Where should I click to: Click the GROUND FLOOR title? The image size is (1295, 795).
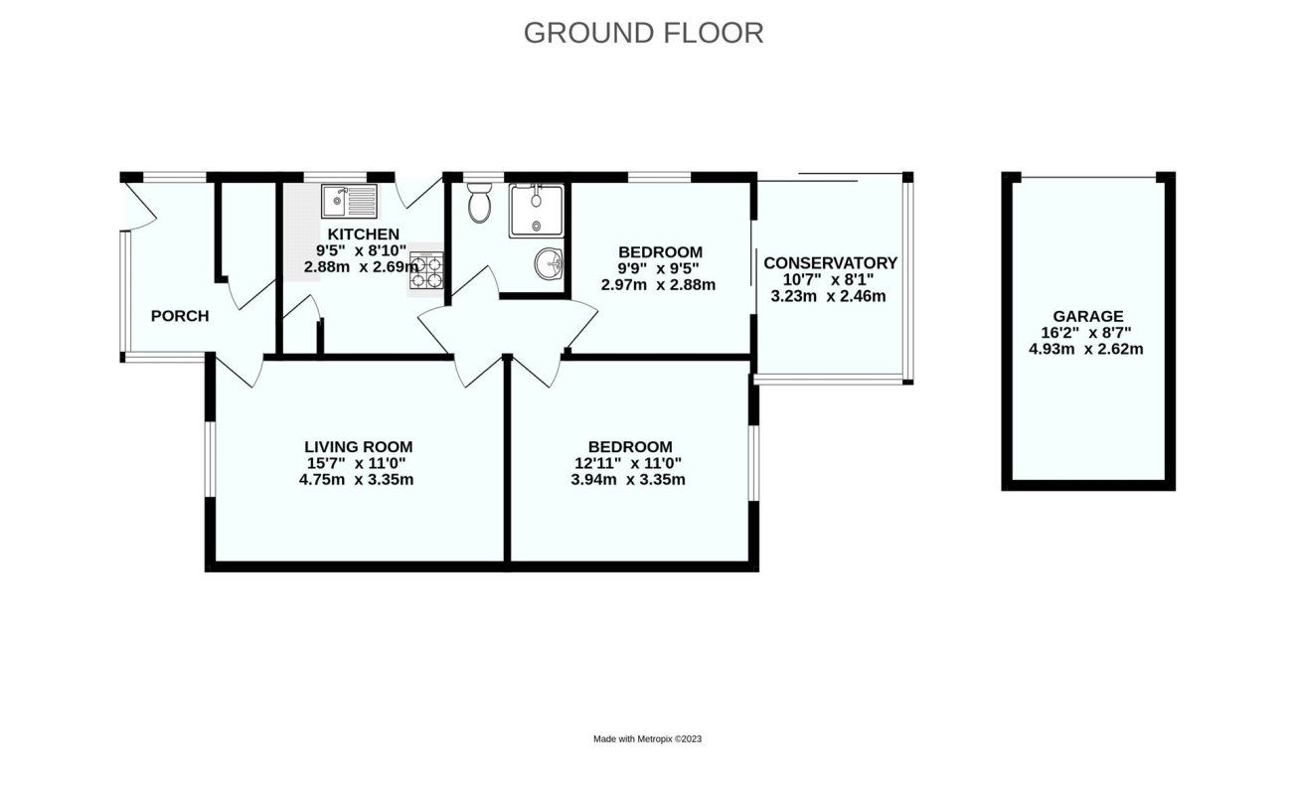click(x=643, y=33)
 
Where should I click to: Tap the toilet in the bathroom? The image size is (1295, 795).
click(x=479, y=203)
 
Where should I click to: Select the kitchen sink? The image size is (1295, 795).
click(x=348, y=203)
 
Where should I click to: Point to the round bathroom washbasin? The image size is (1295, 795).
click(x=548, y=265)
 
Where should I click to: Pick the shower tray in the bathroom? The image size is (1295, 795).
click(x=536, y=210)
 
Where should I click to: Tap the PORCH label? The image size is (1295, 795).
click(x=180, y=316)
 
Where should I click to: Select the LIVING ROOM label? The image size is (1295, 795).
click(x=358, y=447)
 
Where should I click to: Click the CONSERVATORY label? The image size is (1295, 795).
click(x=830, y=263)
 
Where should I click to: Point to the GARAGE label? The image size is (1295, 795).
click(x=1090, y=316)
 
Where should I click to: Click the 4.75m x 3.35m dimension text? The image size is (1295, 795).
click(x=358, y=479)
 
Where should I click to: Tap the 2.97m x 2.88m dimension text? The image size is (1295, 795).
click(x=659, y=284)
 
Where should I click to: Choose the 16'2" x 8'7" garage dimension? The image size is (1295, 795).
click(x=1090, y=333)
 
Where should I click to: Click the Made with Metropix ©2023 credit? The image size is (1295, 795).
click(x=647, y=738)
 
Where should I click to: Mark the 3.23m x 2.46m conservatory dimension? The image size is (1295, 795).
click(x=829, y=295)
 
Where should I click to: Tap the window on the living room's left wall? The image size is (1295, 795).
click(x=210, y=458)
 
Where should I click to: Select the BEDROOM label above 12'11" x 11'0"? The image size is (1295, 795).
click(x=630, y=447)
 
